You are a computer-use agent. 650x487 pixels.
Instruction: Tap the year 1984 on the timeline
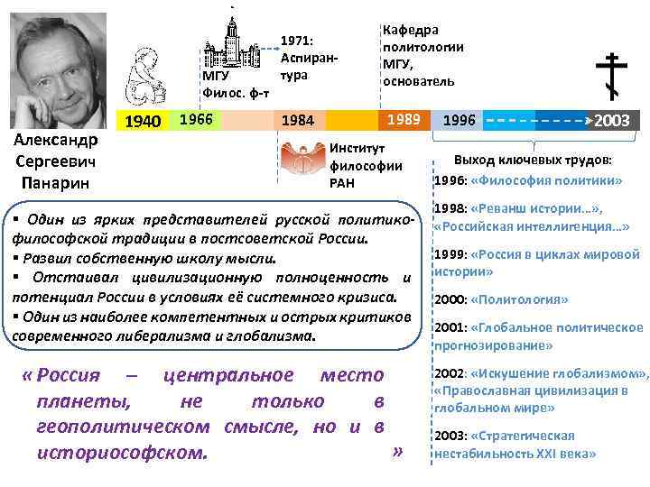click(298, 120)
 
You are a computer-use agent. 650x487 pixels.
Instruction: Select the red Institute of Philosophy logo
click(302, 159)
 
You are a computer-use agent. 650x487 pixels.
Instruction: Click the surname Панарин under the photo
click(56, 183)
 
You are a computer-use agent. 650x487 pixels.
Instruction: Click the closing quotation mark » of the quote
click(396, 451)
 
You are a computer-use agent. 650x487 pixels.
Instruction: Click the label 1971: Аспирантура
click(308, 58)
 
